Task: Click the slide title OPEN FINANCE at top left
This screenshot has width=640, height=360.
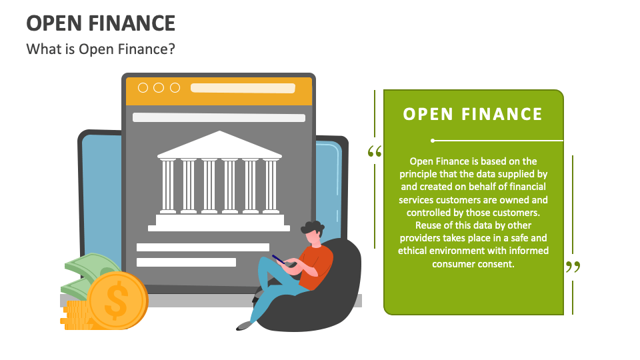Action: pyautogui.click(x=101, y=23)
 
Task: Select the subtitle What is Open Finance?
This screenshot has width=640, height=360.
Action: pyautogui.click(x=101, y=49)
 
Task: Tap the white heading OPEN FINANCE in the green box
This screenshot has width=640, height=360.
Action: pyautogui.click(x=473, y=114)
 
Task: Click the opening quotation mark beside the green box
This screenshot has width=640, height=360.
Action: pyautogui.click(x=375, y=152)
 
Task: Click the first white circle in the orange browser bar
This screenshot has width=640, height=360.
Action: pyautogui.click(x=143, y=88)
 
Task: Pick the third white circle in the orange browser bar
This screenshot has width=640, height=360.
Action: pyautogui.click(x=175, y=88)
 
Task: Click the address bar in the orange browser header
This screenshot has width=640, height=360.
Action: pyautogui.click(x=247, y=88)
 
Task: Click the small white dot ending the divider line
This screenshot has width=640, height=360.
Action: pyautogui.click(x=433, y=141)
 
